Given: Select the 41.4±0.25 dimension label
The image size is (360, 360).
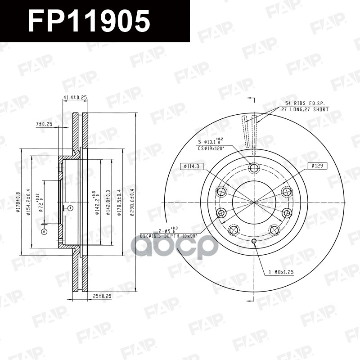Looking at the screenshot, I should pos(75,98).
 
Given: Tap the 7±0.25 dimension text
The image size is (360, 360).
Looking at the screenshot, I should pos(45,124).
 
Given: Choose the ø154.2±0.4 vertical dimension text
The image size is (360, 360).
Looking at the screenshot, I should pos(28,202).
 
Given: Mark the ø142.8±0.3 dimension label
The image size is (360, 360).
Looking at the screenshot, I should pos(108,202).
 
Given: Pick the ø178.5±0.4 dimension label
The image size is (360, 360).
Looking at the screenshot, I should pos(120,202).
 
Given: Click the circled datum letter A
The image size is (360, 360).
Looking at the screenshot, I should pos(44,231).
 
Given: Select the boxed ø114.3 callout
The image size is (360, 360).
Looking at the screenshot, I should pos(191,166).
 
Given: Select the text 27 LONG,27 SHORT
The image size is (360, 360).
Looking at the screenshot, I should pos(305,109).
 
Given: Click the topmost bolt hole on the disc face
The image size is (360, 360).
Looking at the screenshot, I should pos(254,168).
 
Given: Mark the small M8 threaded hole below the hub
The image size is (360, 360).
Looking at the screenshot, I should pos(254,242).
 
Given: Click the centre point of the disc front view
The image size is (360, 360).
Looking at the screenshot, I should pos(254,202).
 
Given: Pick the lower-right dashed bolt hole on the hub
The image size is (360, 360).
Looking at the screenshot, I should pos(275,230).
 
